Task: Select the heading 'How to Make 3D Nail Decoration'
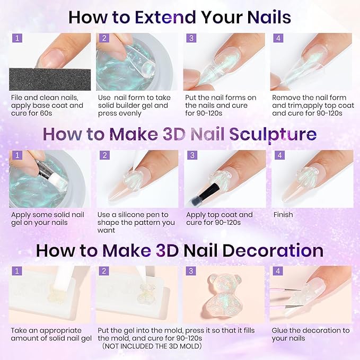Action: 180,250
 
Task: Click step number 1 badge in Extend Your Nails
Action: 17,38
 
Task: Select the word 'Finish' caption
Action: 284,215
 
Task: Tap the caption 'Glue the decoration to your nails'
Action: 310,334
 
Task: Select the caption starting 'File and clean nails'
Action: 47,106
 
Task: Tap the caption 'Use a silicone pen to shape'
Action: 136,222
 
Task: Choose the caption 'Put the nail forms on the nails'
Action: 221,106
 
